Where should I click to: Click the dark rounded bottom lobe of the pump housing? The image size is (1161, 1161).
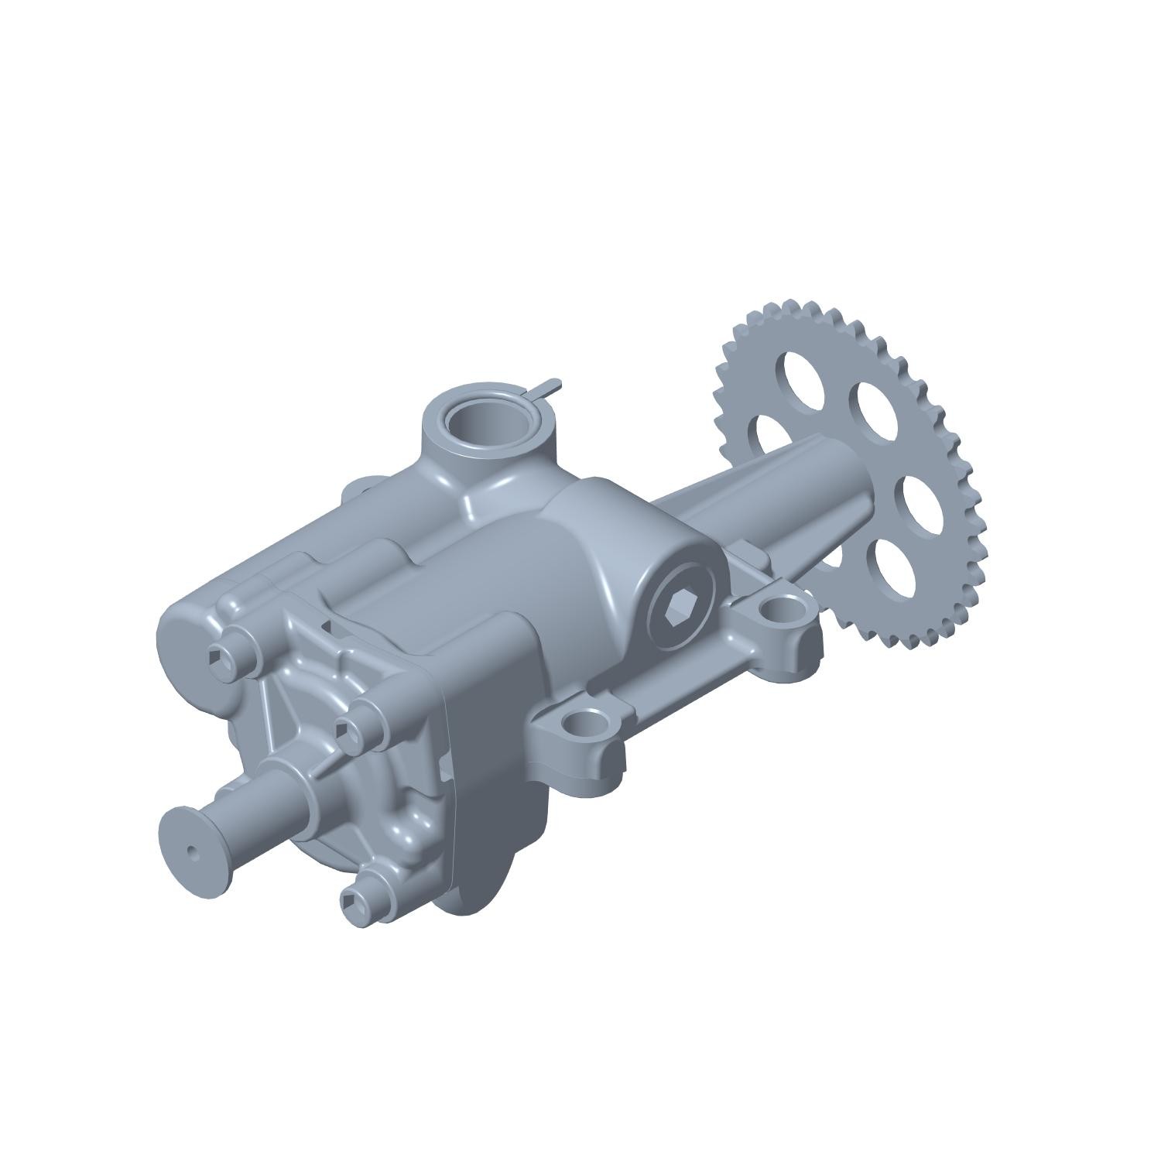[x=495, y=844]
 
